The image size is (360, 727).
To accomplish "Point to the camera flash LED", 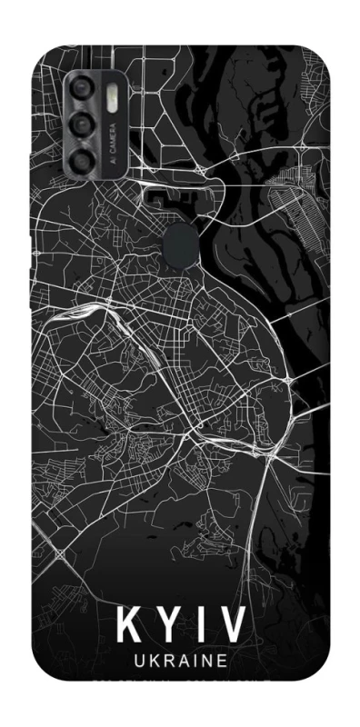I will (x=112, y=97).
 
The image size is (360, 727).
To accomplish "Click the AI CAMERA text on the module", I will (x=112, y=144).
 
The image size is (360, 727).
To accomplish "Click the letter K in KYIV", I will (x=128, y=625).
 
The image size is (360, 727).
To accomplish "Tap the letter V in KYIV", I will (x=233, y=625).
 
